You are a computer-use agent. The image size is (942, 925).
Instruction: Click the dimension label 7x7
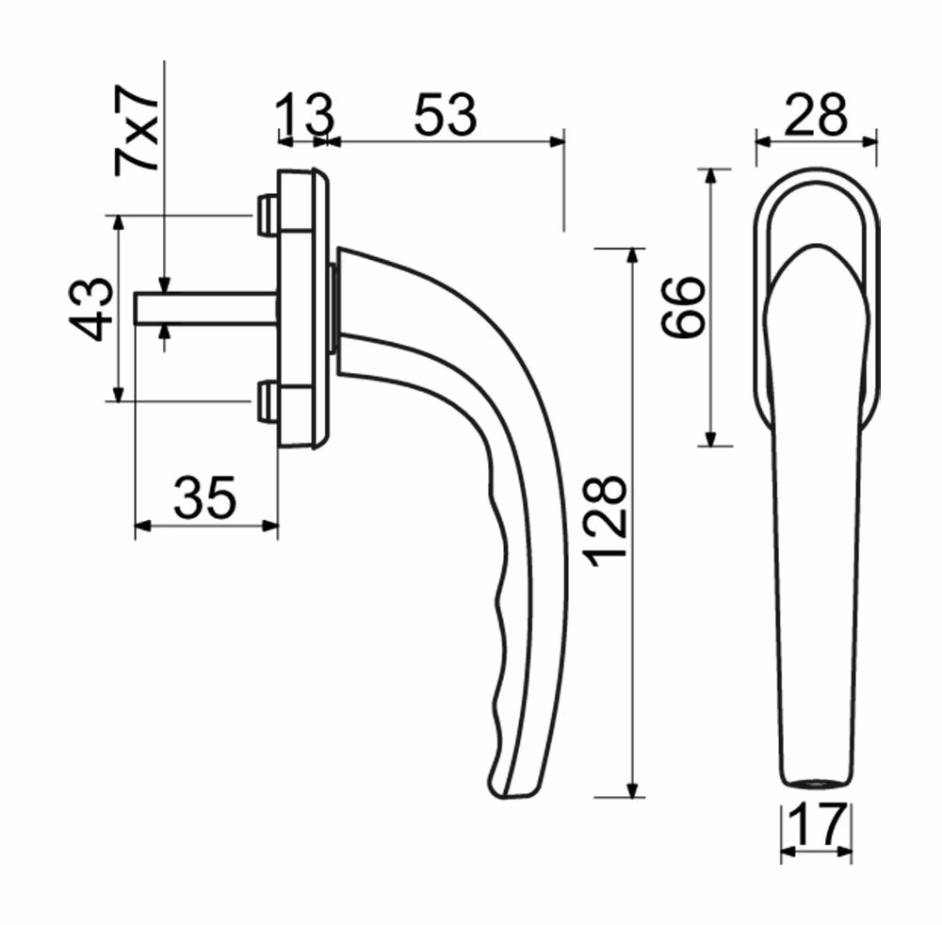point(137,130)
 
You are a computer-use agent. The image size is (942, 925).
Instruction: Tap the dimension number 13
point(304,114)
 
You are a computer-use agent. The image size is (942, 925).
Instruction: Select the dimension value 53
point(446,114)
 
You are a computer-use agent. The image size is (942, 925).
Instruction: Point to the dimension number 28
point(815,114)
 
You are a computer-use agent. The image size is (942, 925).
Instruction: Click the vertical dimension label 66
point(682,307)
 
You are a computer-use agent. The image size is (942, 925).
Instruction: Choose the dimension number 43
point(91,309)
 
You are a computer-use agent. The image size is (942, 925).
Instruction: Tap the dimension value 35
point(204,497)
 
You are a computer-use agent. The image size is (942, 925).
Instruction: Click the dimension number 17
point(817,825)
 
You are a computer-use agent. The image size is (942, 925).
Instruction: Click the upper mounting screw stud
point(267,215)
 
